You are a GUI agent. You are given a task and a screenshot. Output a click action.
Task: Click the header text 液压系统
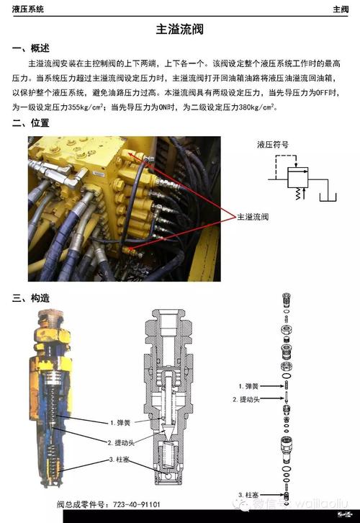(x=28, y=9)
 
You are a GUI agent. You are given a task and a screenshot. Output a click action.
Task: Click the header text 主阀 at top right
(x=341, y=9)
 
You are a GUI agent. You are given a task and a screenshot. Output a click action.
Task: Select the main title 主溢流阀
(x=180, y=30)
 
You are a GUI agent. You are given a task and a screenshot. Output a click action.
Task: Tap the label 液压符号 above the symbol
(x=273, y=144)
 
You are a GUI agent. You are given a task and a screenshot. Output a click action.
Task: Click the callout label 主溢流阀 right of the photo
(x=253, y=215)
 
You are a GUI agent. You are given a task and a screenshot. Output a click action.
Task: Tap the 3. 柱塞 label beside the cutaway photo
(x=121, y=460)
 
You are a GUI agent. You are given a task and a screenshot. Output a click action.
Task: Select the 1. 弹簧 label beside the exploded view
(x=250, y=385)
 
